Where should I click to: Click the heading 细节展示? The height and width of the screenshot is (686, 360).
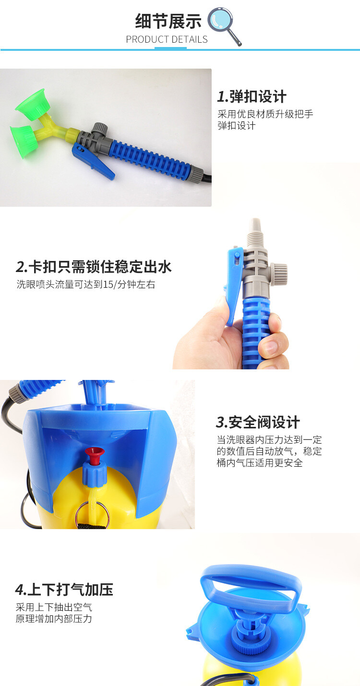click(168, 21)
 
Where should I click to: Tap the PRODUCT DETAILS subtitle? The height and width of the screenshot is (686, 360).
click(167, 39)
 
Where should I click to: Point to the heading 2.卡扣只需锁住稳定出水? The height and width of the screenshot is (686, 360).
click(94, 266)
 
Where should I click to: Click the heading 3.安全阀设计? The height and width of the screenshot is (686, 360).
click(258, 422)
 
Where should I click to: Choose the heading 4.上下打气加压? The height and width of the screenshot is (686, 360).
click(64, 590)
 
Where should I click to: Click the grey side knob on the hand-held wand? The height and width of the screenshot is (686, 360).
click(280, 271)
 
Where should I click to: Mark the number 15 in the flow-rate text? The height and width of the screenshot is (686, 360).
click(108, 285)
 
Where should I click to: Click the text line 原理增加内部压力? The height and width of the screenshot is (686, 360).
click(54, 619)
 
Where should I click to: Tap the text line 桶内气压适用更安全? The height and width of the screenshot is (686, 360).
click(260, 463)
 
